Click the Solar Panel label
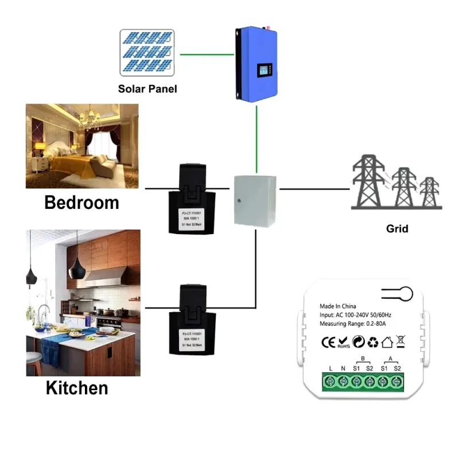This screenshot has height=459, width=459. click(147, 89)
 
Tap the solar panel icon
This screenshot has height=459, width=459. click(147, 52)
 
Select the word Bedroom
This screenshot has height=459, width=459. click(81, 203)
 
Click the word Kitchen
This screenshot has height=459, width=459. click(77, 388)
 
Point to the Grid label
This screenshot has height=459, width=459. click(397, 228)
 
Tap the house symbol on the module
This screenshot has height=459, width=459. click(387, 343)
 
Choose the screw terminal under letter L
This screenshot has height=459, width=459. click(330, 381)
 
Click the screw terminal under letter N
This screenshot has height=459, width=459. click(344, 381)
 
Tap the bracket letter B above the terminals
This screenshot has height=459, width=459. click(363, 359)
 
